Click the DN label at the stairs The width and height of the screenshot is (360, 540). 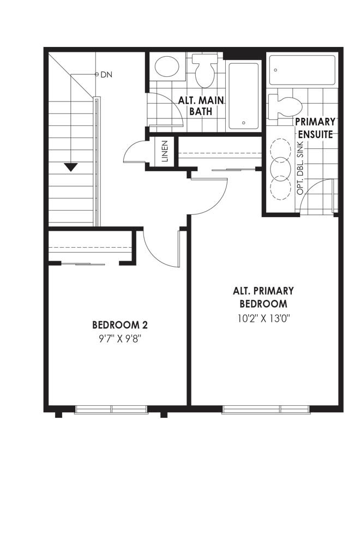106,74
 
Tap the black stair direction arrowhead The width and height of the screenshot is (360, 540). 71,167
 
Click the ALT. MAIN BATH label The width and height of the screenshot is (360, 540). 201,106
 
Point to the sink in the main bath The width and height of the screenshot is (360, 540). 167,67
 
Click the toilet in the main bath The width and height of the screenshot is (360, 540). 205,70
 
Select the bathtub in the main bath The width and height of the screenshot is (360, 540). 244,96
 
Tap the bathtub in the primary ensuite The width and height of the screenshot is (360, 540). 302,70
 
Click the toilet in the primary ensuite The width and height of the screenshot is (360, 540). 285,107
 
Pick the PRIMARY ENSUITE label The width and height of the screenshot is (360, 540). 315,128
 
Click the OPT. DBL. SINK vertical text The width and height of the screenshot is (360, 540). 300,168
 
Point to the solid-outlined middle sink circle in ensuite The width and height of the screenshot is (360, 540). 280,169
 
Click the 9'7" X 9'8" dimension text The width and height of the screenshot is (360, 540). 121,339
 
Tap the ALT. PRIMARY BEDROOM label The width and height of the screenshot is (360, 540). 263,297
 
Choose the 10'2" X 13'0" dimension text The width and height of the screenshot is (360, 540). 263,319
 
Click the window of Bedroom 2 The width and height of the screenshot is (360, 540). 111,409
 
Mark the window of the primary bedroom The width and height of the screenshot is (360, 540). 266,409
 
